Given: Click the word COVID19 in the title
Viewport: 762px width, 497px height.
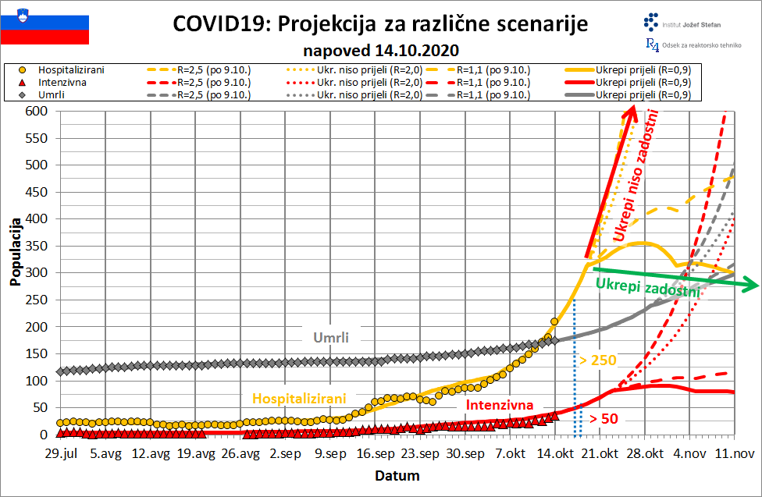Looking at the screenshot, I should (221, 24).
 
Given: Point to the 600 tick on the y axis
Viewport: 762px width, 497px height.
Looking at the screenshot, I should (37, 112).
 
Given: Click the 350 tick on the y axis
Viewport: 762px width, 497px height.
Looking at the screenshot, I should (37, 247).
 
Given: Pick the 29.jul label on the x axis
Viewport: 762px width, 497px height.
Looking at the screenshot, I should (60, 453).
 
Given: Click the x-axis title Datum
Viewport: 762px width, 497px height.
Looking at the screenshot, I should (397, 475).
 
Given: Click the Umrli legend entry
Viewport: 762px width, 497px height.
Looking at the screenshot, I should (55, 95).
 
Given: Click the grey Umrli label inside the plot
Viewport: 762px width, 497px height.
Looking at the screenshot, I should (331, 338).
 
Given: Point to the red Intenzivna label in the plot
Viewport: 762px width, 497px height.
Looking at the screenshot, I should (500, 405).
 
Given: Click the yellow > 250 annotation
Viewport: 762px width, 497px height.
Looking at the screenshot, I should (597, 360).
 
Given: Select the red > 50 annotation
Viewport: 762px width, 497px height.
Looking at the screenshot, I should (604, 419).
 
